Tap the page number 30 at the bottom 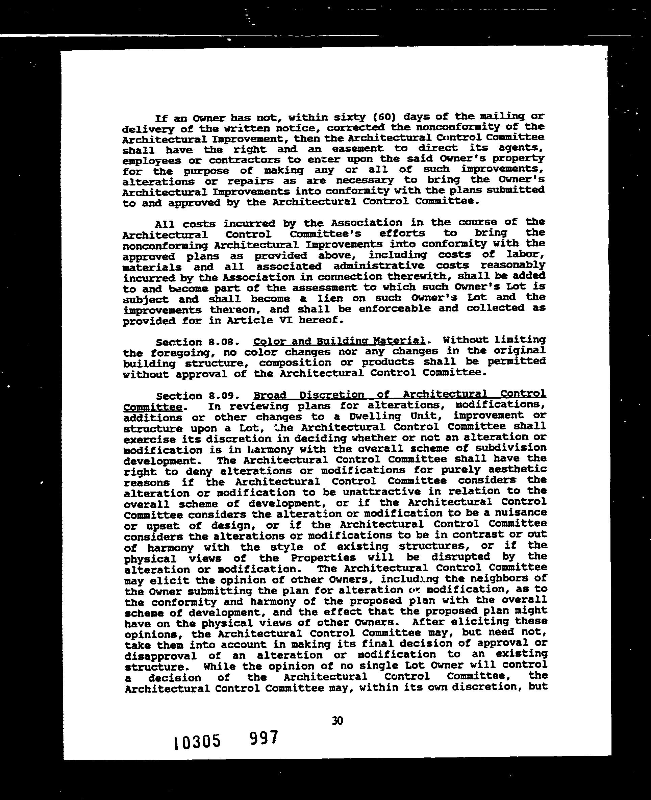click(x=337, y=721)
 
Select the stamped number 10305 click(x=197, y=742)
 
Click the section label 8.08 click(x=224, y=342)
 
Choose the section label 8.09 click(x=224, y=396)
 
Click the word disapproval click(x=160, y=656)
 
